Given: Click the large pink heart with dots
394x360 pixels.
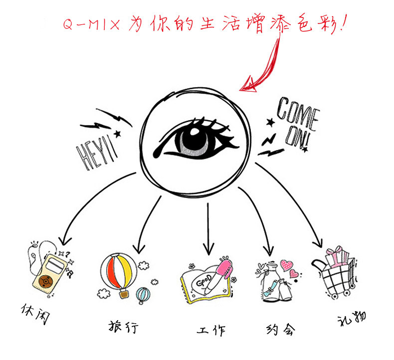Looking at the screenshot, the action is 287,265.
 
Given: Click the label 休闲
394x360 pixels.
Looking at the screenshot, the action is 35,315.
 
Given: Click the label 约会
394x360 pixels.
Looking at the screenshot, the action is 280,329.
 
